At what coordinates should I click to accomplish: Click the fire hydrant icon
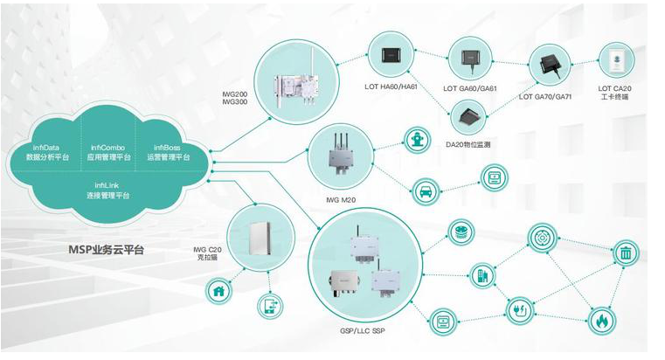tap(415, 140)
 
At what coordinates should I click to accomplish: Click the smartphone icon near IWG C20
tap(269, 306)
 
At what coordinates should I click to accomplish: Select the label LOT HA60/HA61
tap(390, 87)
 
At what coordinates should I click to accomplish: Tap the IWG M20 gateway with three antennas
tap(340, 158)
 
